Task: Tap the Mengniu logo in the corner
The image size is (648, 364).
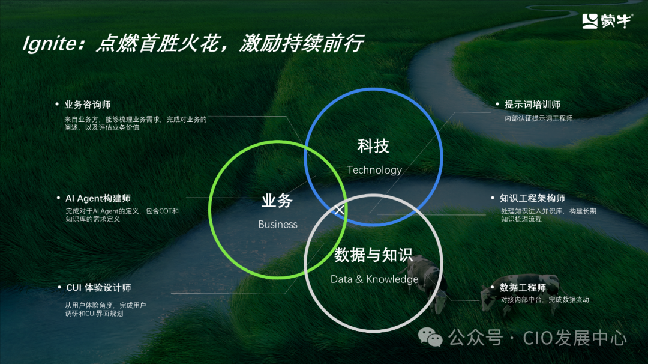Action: [605, 21]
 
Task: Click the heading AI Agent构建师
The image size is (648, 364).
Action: [98, 198]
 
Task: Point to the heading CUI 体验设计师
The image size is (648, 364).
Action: [98, 288]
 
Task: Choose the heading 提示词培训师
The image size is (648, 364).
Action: [533, 105]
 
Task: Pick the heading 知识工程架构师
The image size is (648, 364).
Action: [532, 198]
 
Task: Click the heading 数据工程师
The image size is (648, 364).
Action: [523, 288]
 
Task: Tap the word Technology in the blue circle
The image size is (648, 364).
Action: [374, 170]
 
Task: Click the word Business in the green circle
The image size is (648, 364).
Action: [278, 225]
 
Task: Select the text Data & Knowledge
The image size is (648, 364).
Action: [374, 279]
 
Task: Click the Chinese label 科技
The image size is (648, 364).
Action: [373, 145]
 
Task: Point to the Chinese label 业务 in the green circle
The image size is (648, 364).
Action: [277, 201]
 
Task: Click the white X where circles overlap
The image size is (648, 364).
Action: [340, 210]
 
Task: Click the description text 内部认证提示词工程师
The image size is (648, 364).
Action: [539, 118]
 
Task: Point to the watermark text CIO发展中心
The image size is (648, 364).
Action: [575, 338]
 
